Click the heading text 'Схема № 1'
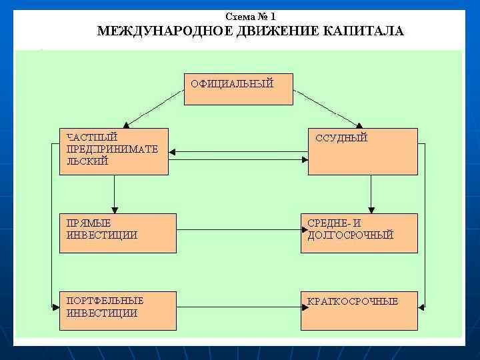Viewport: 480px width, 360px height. (250, 16)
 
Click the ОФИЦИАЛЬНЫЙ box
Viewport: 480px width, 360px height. (238, 89)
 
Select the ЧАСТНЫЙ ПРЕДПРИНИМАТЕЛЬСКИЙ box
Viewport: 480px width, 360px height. (114, 151)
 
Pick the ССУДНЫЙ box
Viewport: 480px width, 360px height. (362, 151)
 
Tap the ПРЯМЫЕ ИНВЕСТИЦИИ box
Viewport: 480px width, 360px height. (118, 233)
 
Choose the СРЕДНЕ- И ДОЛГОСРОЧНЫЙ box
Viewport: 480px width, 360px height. (359, 233)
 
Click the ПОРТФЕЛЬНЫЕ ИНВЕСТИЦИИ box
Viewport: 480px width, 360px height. (118, 310)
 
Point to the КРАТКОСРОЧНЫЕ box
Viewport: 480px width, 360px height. (359, 310)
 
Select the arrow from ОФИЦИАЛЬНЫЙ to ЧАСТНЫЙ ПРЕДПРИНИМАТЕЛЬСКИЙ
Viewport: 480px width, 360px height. (155, 109)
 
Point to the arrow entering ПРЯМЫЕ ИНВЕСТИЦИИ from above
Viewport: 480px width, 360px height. (115, 194)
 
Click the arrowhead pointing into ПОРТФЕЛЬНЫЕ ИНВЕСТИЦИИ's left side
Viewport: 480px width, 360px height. (56, 307)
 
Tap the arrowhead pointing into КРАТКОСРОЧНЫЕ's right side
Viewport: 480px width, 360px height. (421, 307)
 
